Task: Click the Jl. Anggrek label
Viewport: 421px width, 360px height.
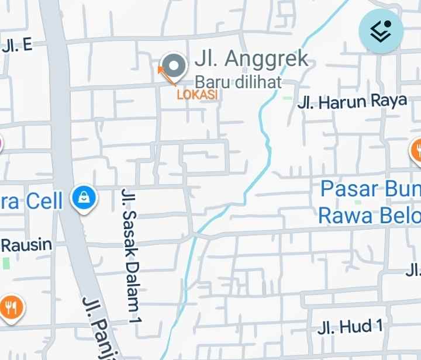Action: [x=251, y=59]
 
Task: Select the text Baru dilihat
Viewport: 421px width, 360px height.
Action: [x=238, y=81]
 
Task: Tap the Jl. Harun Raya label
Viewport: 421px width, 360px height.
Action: [x=352, y=102]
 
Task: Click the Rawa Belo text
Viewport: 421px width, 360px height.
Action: [x=369, y=215]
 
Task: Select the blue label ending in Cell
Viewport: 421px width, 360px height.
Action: [x=32, y=201]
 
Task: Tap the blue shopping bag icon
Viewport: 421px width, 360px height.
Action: [x=84, y=198]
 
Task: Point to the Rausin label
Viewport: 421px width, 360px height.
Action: [x=26, y=245]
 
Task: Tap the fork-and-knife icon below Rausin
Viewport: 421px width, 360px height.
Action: [x=11, y=306]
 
